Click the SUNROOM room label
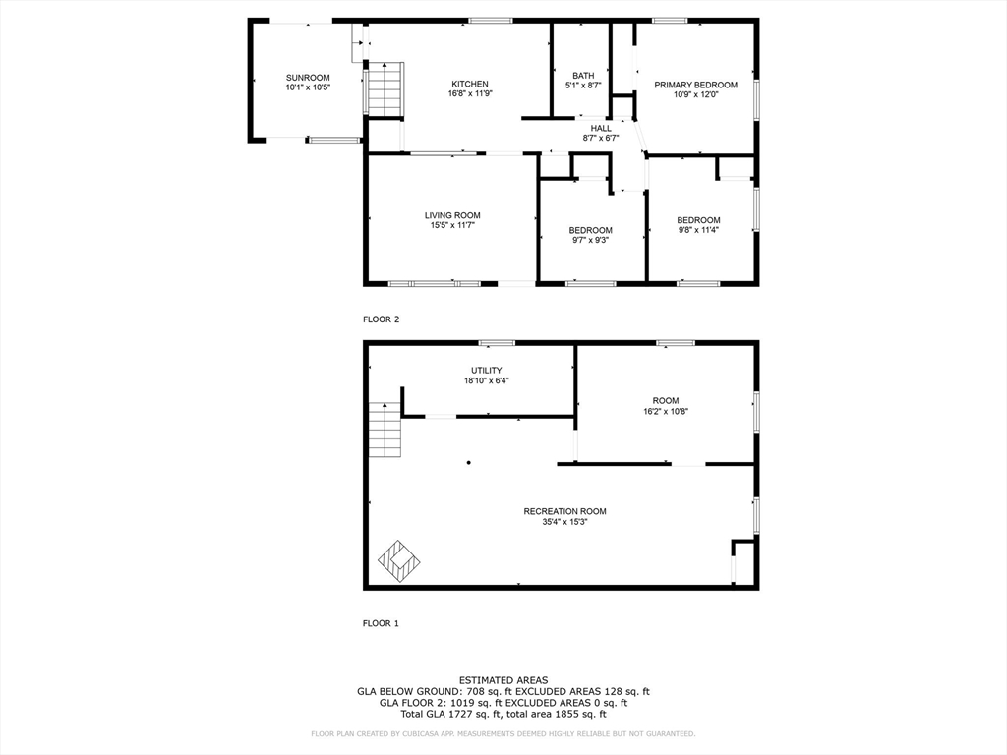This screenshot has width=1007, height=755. click(x=308, y=78)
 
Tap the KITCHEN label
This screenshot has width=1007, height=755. click(x=469, y=84)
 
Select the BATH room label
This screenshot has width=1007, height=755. click(x=583, y=76)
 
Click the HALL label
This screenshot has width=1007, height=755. click(x=601, y=128)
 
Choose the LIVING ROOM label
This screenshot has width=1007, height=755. click(x=452, y=215)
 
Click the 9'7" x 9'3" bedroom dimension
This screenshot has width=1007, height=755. click(x=591, y=240)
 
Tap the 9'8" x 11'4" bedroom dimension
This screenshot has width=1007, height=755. click(x=698, y=230)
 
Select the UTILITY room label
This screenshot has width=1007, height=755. click(x=486, y=371)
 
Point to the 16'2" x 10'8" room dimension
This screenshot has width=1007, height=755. click(x=665, y=411)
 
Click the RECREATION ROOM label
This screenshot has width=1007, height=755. click(x=564, y=511)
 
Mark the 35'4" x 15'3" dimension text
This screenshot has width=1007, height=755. click(x=564, y=522)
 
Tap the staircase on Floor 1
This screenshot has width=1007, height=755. click(x=385, y=431)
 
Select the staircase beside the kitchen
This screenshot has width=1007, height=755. click(x=385, y=88)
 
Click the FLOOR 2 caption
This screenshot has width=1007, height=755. click(x=382, y=319)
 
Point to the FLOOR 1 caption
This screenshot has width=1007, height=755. click(x=382, y=623)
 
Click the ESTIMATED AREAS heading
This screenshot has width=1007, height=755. click(x=503, y=680)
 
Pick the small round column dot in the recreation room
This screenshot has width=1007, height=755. click(x=469, y=461)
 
